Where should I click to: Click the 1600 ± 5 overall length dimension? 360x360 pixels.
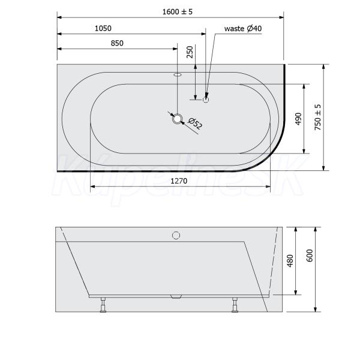point(177,12)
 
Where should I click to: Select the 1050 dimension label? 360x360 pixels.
point(103,28)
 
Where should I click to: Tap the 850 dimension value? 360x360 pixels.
point(117,43)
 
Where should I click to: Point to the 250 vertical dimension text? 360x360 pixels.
point(190,52)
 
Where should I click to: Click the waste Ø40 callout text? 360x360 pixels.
point(243,29)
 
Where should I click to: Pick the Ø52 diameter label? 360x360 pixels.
point(195,124)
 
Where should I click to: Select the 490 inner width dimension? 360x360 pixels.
point(298,119)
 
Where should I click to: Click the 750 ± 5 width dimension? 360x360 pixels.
point(317,117)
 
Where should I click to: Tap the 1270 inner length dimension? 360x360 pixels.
point(179,181)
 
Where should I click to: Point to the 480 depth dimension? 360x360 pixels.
point(290,260)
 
